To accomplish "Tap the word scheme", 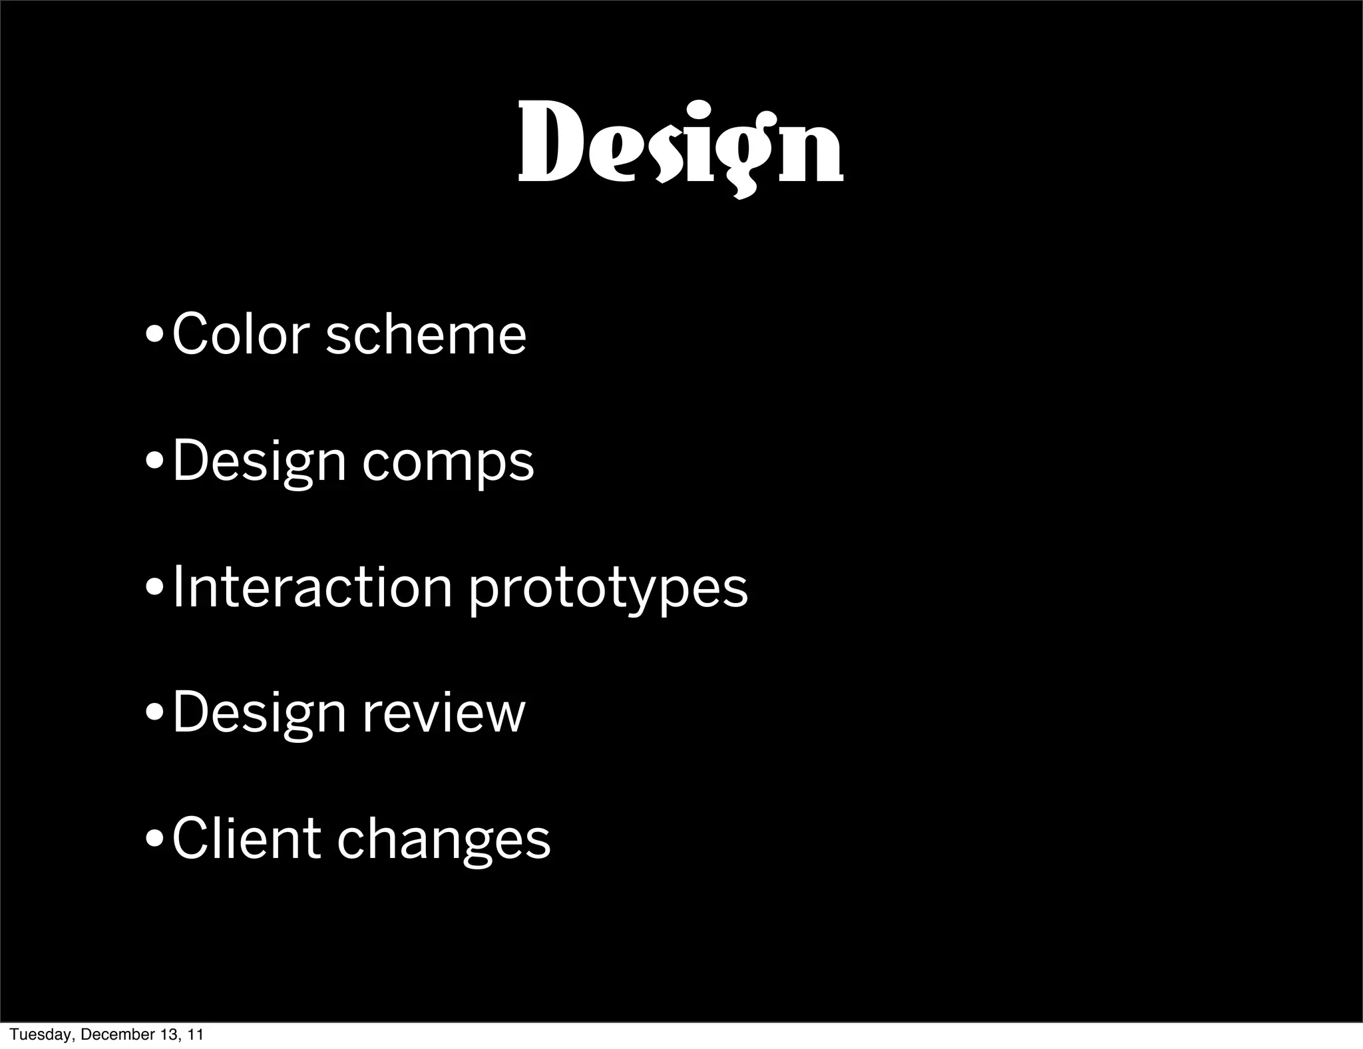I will coord(426,333).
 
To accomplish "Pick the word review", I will coord(444,713).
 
